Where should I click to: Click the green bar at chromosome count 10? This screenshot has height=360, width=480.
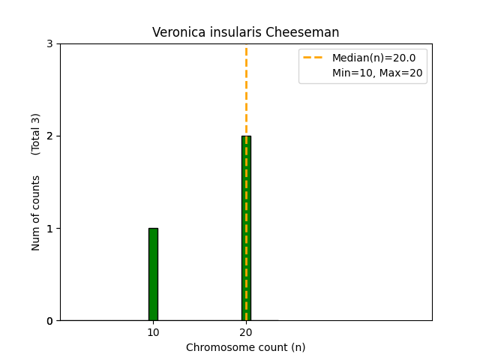[x=153, y=274]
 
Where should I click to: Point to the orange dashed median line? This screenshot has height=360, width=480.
[x=246, y=90]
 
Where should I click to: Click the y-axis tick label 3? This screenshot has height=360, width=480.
[x=49, y=43]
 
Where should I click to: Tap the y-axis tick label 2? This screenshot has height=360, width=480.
[x=49, y=136]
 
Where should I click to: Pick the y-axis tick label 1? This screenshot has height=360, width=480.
[x=49, y=228]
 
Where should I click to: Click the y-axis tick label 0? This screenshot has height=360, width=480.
[x=49, y=321]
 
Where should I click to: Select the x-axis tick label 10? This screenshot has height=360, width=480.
[x=153, y=332]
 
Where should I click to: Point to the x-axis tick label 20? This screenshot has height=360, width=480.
[x=246, y=332]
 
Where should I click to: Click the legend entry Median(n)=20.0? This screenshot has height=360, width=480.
[x=373, y=58]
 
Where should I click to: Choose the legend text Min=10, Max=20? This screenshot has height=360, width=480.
[x=377, y=73]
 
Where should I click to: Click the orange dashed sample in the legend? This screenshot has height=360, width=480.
[x=313, y=58]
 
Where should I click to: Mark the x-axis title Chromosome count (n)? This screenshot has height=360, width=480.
[x=246, y=347]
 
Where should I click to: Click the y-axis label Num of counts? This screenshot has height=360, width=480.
[x=36, y=213]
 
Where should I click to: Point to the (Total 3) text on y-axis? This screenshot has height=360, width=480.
[x=36, y=133]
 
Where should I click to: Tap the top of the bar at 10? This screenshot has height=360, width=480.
[x=153, y=229]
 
